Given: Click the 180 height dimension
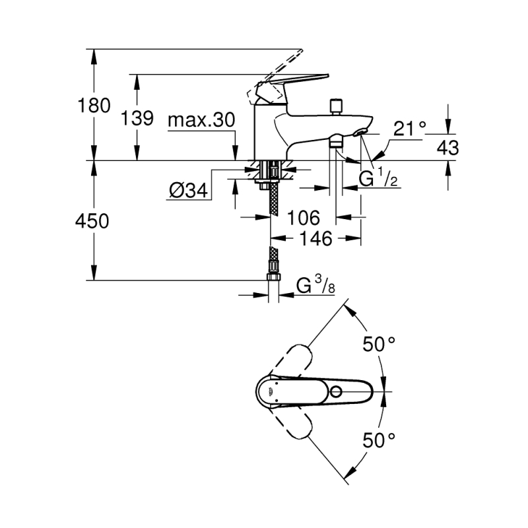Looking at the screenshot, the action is [x=94, y=106].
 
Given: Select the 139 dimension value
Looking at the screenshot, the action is [x=137, y=118].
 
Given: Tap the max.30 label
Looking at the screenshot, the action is [x=201, y=120].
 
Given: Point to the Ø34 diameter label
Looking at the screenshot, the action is [x=188, y=191].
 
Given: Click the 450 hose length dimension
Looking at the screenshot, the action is [x=92, y=222].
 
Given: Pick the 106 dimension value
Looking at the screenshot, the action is [x=303, y=218].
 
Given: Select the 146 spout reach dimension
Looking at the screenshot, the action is [x=316, y=238].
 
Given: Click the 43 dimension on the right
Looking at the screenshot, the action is [x=448, y=147].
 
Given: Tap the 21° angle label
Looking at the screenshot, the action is [x=409, y=128].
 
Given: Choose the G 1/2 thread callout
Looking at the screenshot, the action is [x=378, y=178].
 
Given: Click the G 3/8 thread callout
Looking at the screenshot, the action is [x=315, y=286].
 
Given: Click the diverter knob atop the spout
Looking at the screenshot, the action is [x=336, y=107].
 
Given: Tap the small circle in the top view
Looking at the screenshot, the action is [x=336, y=391].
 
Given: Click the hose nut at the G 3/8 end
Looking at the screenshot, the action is [x=273, y=277].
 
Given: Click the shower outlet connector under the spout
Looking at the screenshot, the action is [x=336, y=141].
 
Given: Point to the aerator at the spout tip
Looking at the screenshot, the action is [x=360, y=133].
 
